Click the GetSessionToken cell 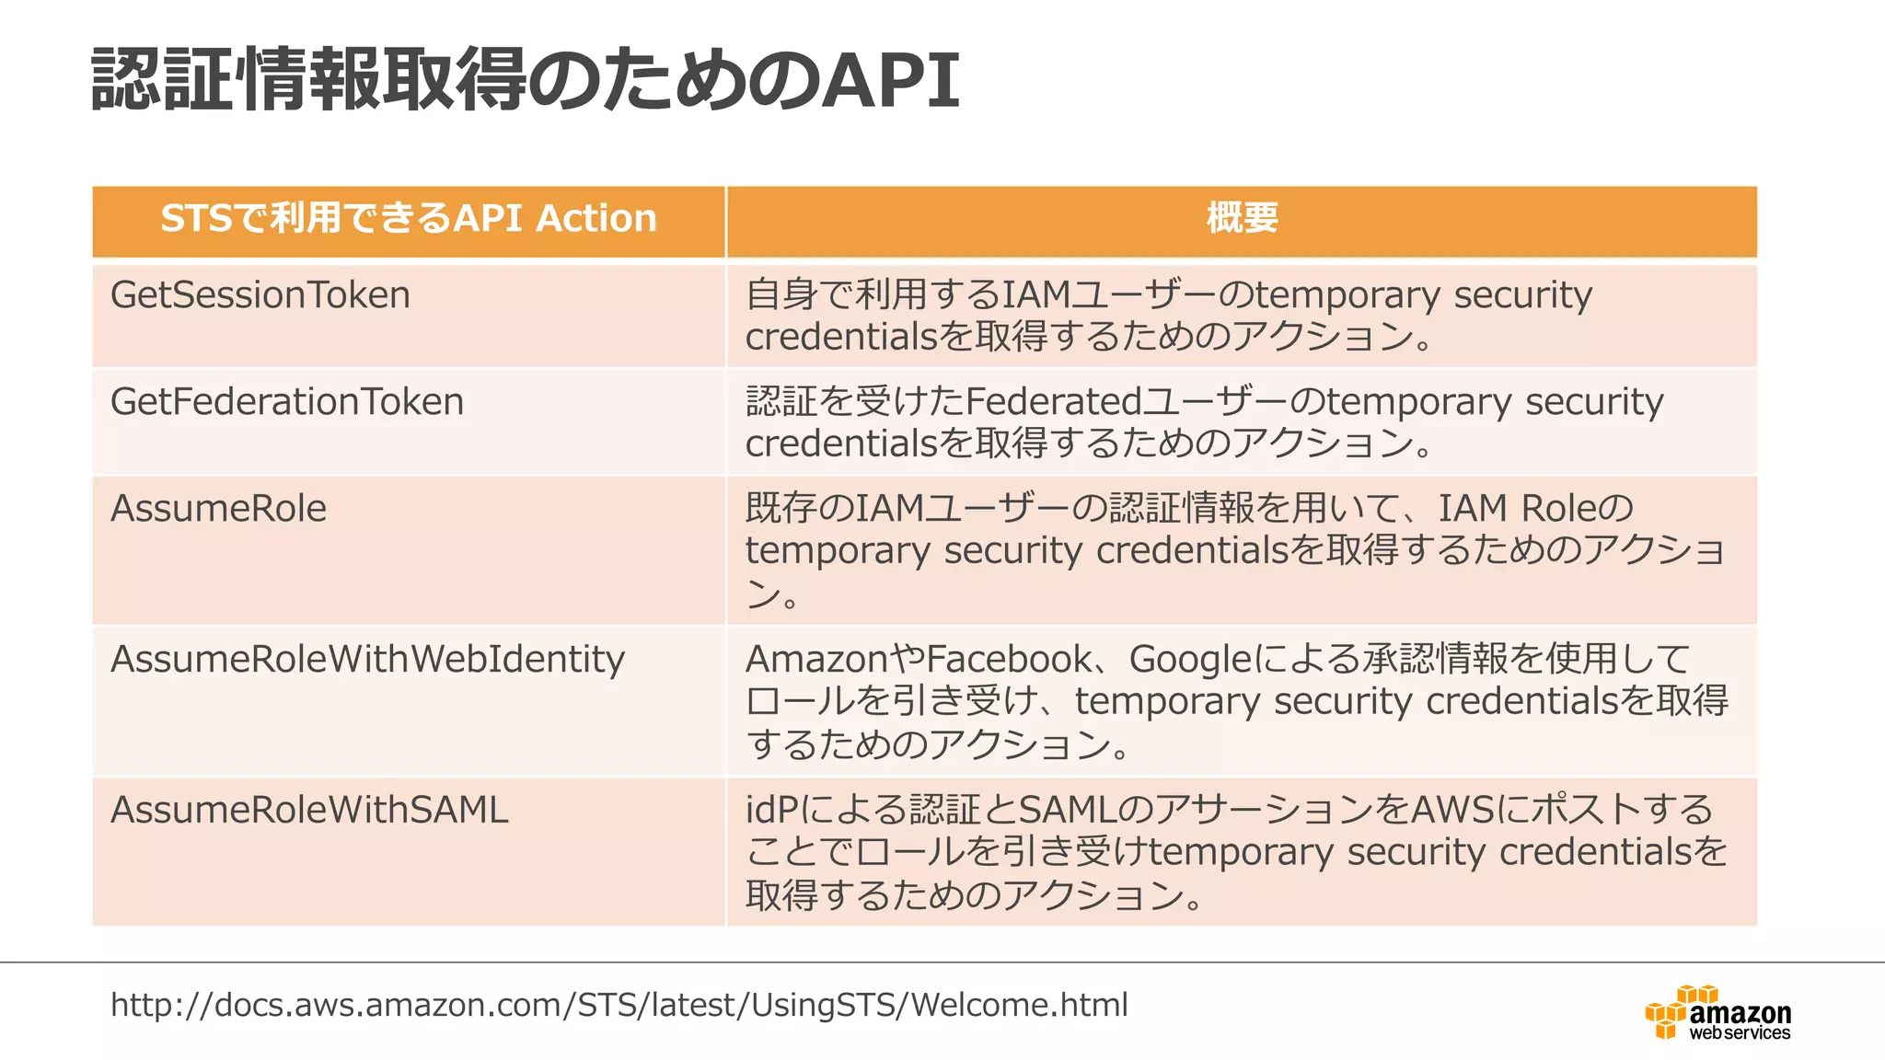[260, 295]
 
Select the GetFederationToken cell [287, 402]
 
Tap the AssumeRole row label [219, 509]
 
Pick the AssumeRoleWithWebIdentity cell [367, 660]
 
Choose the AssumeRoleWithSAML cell [309, 811]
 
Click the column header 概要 [1242, 219]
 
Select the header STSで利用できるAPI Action [409, 219]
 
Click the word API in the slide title [890, 81]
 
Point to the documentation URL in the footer [619, 1005]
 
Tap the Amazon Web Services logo [1718, 1014]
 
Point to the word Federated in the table [1054, 402]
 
